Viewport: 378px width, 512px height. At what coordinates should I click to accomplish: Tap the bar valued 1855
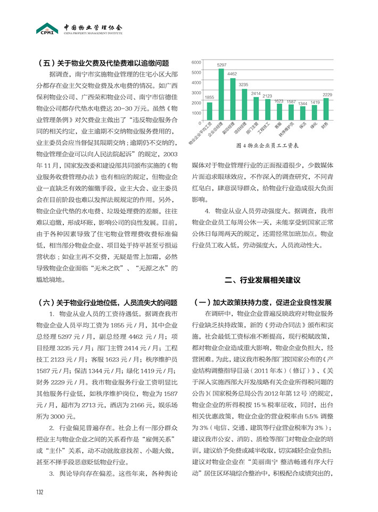[209, 111]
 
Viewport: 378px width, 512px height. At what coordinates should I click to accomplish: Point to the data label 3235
[244, 85]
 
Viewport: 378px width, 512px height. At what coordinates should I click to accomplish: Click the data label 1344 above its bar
[302, 103]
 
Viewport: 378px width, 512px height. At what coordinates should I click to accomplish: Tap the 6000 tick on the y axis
[196, 62]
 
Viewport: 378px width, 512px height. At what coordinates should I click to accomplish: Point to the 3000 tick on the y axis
[196, 93]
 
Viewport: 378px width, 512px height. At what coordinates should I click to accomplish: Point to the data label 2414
[256, 93]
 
